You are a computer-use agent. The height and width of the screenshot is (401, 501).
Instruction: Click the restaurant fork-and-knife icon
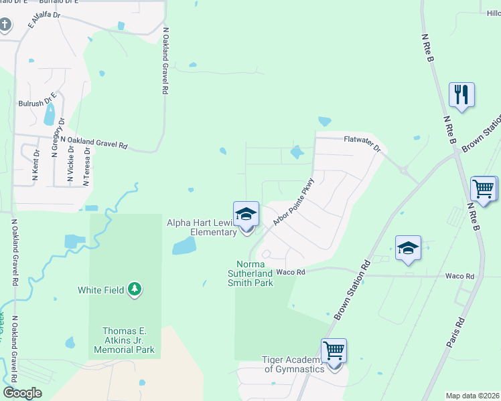tap(461, 94)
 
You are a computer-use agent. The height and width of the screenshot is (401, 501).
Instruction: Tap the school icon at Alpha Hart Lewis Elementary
tap(246, 215)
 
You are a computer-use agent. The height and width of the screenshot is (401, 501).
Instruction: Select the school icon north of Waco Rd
tap(408, 248)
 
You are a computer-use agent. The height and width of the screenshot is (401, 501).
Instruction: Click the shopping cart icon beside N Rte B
tap(483, 188)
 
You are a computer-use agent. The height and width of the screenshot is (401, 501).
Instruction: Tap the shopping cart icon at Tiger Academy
tap(333, 350)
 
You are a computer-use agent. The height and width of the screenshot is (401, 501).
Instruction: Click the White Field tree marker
tap(136, 289)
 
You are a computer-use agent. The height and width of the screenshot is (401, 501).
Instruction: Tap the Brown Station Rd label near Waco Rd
tap(352, 289)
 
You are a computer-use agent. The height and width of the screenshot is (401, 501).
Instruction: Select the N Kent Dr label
tap(36, 166)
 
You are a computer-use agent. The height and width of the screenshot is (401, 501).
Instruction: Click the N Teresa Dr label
tap(86, 166)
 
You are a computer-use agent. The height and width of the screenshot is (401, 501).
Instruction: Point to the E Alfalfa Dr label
tap(44, 19)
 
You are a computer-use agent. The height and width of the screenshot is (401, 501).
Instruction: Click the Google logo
tap(22, 392)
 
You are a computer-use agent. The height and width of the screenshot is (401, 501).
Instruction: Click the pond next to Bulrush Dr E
tap(49, 116)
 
